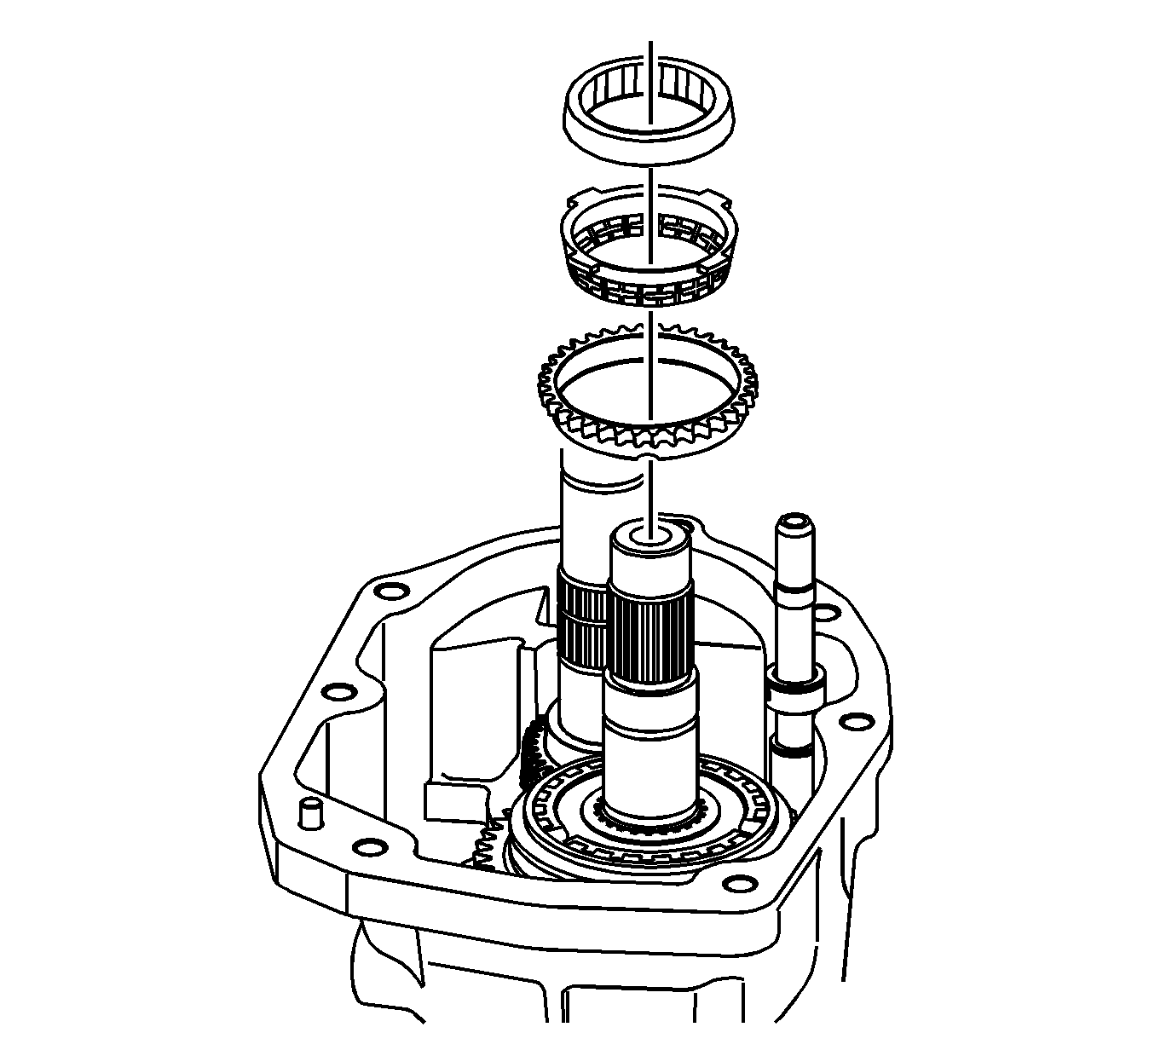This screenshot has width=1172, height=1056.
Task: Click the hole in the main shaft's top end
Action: coord(650,539)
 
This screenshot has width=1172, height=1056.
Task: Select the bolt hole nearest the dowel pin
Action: coord(367,847)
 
